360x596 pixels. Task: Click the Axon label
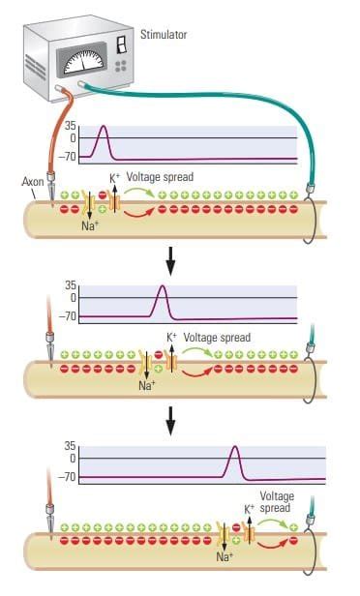32,181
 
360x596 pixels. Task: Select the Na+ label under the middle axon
147,385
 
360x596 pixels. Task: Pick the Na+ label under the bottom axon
225,556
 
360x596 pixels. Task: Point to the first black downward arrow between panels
171,258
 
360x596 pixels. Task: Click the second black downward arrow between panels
171,418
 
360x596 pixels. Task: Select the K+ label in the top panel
114,178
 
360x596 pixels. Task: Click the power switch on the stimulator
122,44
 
